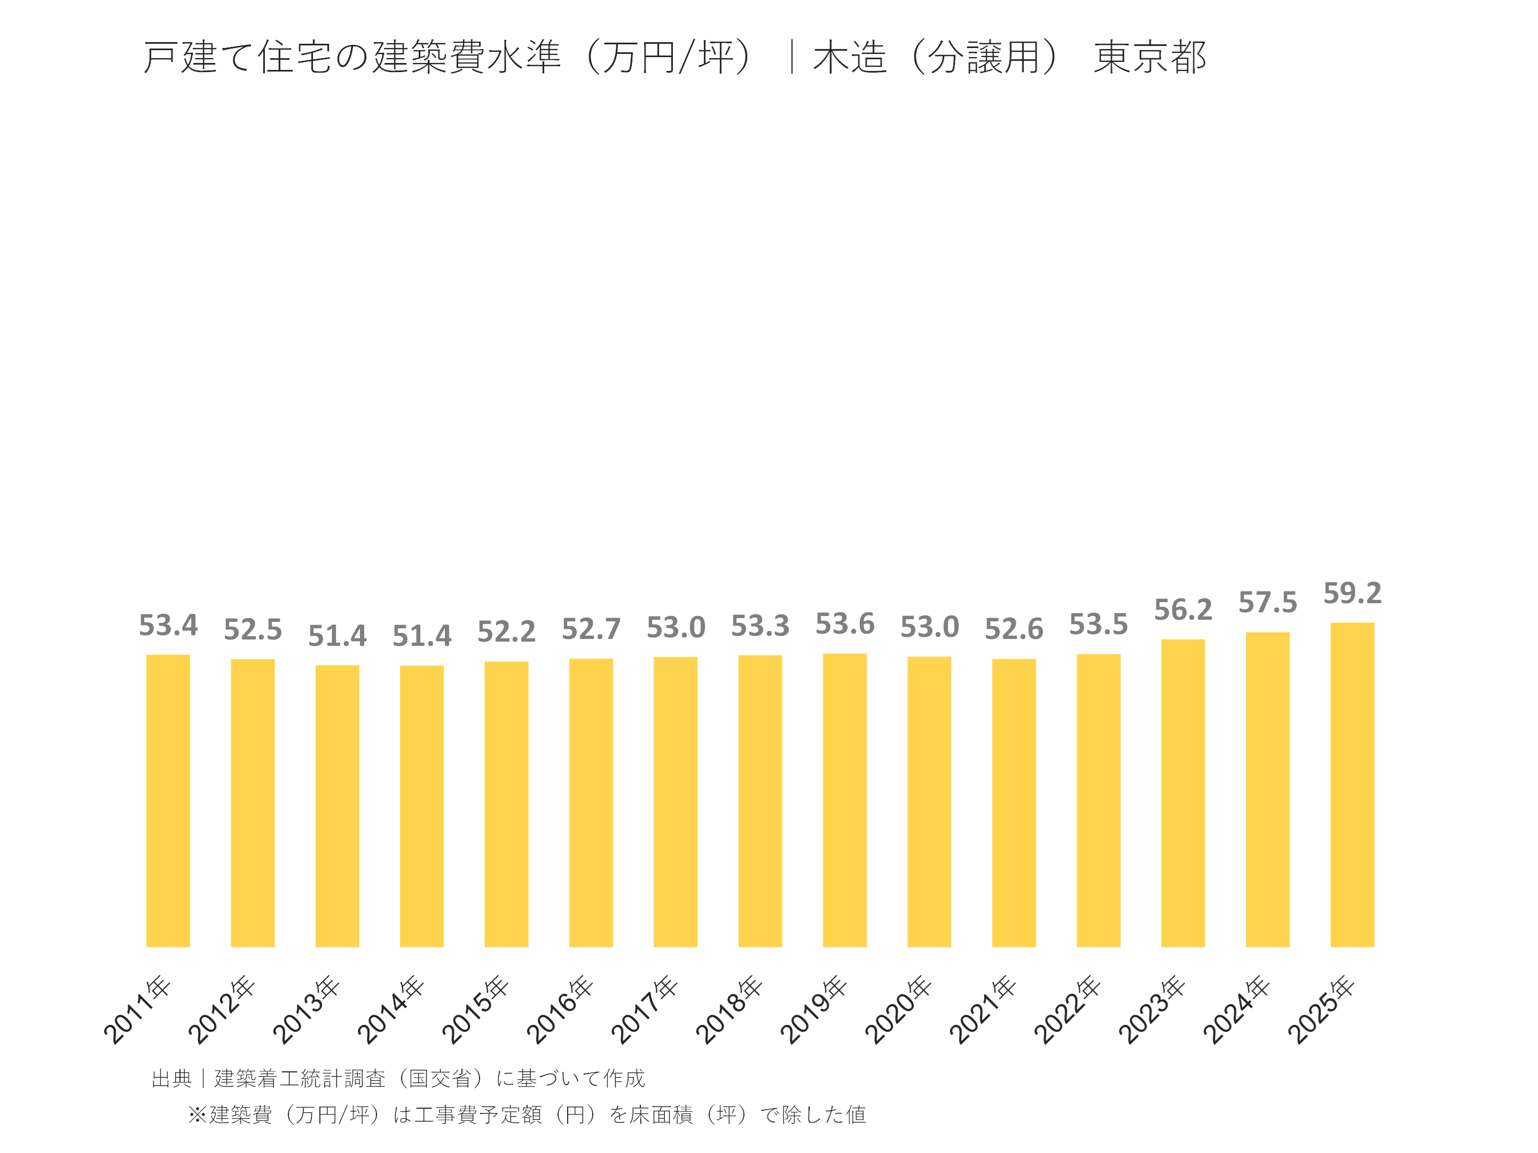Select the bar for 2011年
pos(168,800)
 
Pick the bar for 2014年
pos(421,805)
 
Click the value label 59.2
pos(1352,593)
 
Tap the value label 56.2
pos(1183,610)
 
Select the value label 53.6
pos(844,623)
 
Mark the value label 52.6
pos(1014,629)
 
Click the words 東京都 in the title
pos(1149,57)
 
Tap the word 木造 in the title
pos(850,57)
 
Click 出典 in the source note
pos(171,1078)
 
